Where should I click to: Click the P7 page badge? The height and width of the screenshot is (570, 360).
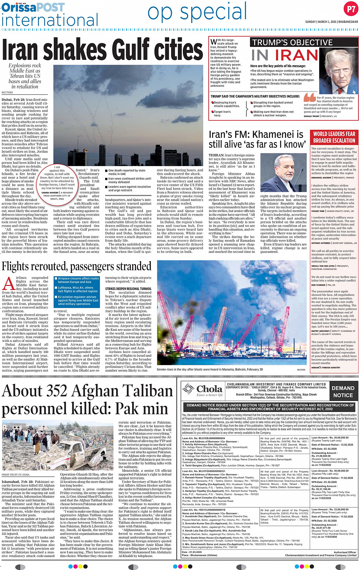click(x=350, y=9)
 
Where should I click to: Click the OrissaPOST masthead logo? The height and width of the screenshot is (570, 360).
click(x=33, y=7)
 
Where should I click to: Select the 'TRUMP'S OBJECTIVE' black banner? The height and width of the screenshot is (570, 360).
click(x=293, y=42)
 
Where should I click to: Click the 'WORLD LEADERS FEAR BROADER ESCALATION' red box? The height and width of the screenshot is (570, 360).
click(x=334, y=137)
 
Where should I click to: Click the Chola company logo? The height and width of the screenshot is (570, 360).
click(x=202, y=390)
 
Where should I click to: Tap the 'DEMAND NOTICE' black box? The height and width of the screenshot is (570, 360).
click(x=343, y=391)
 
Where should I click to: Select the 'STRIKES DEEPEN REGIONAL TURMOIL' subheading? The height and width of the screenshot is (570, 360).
click(x=128, y=289)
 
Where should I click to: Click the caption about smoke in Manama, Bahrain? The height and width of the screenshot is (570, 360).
click(x=210, y=369)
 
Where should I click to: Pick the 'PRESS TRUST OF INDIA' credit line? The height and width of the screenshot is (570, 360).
click(x=16, y=475)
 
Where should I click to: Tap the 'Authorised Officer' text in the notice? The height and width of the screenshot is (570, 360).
click(x=345, y=552)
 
